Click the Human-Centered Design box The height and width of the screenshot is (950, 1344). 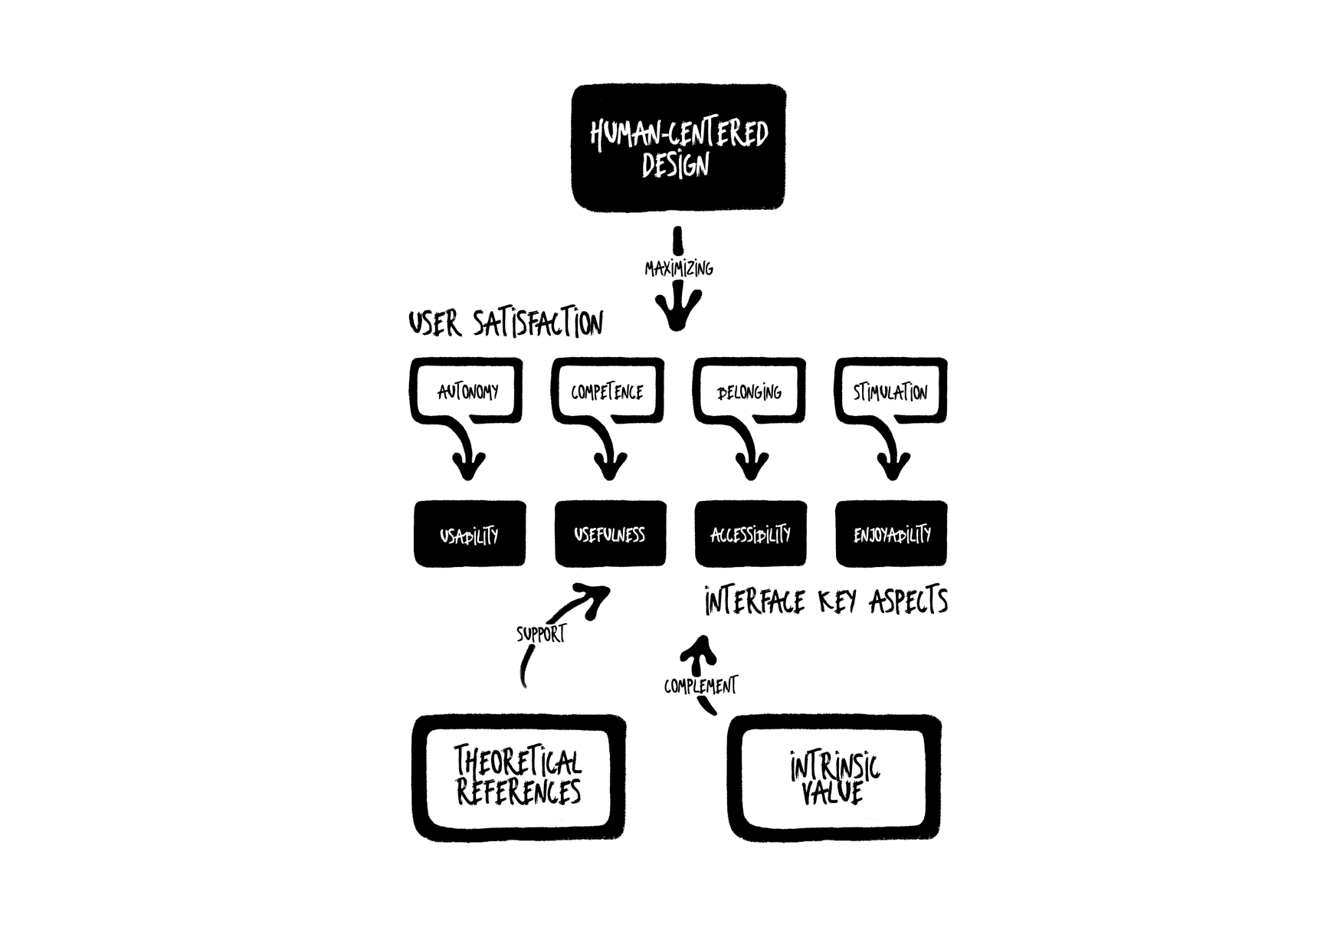pos(679,148)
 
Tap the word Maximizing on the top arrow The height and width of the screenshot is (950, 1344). pos(679,269)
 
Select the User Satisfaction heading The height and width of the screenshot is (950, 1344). pos(506,323)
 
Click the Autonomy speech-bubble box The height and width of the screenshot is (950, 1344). pos(467,391)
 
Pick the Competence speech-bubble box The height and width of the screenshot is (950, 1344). pos(607,391)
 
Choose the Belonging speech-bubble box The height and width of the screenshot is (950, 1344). pos(749,391)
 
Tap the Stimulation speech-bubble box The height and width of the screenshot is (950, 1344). pos(890,391)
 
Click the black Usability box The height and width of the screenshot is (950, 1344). pos(470,534)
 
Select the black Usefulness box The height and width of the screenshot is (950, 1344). pos(610,534)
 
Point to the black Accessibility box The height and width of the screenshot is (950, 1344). pos(750,534)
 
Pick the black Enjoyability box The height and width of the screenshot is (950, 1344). pos(891,534)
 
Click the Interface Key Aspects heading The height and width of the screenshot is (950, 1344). pos(826,601)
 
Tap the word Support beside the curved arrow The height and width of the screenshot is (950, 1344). pos(541,634)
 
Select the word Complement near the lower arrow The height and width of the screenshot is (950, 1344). pos(700,685)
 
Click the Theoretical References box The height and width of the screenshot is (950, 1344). pos(519,778)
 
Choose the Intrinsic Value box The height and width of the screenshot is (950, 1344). pos(834,778)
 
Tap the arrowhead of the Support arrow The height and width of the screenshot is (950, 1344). pos(597,595)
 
